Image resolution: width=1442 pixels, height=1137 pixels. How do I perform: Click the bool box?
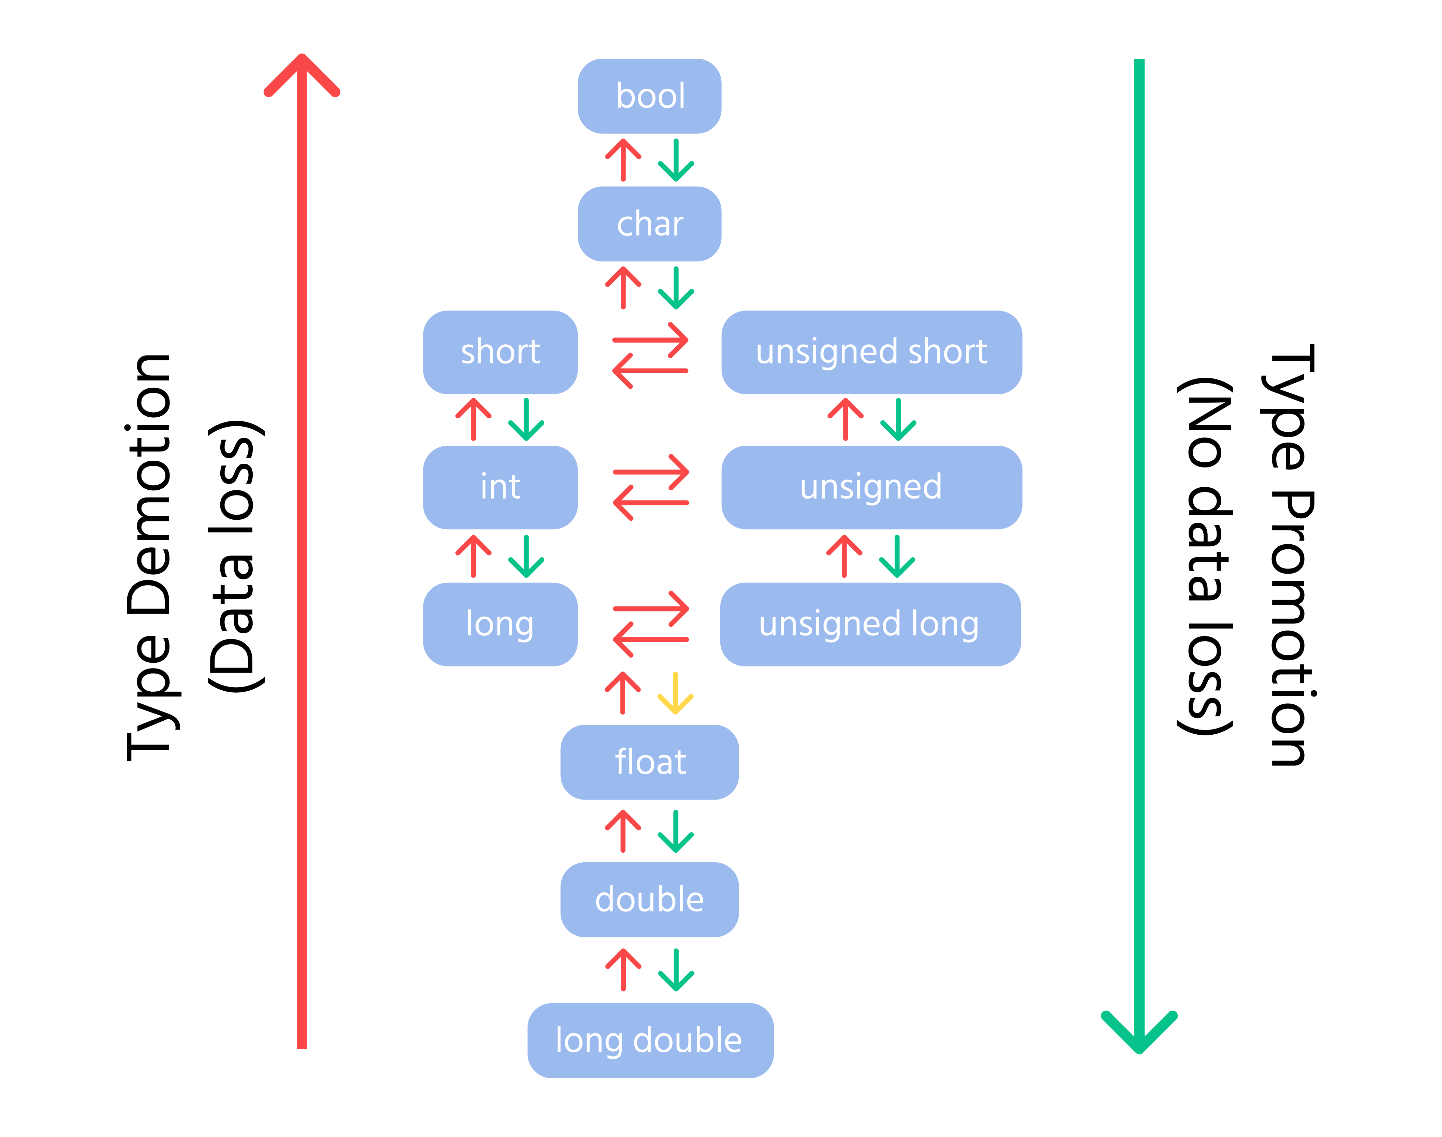tap(649, 96)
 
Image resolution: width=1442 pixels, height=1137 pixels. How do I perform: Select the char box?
tap(649, 224)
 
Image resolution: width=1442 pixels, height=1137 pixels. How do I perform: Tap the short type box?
tap(500, 352)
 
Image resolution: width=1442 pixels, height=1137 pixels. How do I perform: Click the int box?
tap(500, 487)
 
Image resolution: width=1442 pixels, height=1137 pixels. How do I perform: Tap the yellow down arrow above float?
tap(675, 694)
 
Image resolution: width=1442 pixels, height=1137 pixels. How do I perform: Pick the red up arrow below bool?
tap(623, 160)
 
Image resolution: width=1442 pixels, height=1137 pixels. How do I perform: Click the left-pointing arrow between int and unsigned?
tap(650, 503)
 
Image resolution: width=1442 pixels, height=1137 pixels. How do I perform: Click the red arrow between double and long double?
tap(623, 970)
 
